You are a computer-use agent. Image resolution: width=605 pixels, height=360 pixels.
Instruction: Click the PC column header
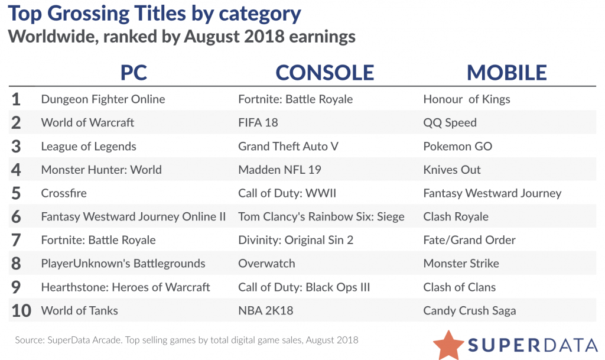134,72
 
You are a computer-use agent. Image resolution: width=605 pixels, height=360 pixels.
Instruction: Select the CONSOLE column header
324,72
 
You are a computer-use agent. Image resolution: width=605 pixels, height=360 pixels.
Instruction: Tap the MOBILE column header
507,72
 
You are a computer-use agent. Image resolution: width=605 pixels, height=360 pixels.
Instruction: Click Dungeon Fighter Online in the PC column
103,99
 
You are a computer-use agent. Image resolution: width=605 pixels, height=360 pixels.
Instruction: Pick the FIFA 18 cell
258,123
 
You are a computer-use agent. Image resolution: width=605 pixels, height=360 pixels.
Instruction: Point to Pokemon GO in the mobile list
458,147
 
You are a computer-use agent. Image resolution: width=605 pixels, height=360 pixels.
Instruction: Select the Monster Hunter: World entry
101,170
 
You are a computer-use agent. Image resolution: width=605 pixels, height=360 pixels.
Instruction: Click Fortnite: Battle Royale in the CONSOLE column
295,99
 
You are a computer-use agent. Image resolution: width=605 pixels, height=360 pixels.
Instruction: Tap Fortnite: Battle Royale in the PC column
98,240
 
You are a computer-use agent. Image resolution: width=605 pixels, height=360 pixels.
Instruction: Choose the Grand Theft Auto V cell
288,147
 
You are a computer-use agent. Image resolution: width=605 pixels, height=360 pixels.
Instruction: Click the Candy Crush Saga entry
470,311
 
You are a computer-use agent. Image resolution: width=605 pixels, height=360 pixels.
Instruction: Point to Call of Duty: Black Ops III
304,287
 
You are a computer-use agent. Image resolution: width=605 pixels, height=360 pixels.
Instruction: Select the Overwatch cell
266,264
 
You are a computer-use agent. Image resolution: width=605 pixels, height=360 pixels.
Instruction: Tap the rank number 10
21,311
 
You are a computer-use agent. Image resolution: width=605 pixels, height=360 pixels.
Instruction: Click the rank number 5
16,193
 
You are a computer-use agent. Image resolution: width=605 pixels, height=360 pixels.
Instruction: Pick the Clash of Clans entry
460,287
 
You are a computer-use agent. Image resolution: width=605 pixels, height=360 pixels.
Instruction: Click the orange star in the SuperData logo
448,344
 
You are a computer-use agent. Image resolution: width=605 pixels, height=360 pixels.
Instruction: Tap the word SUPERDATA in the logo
532,344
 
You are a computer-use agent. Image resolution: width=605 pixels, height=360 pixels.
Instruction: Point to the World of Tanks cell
79,311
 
